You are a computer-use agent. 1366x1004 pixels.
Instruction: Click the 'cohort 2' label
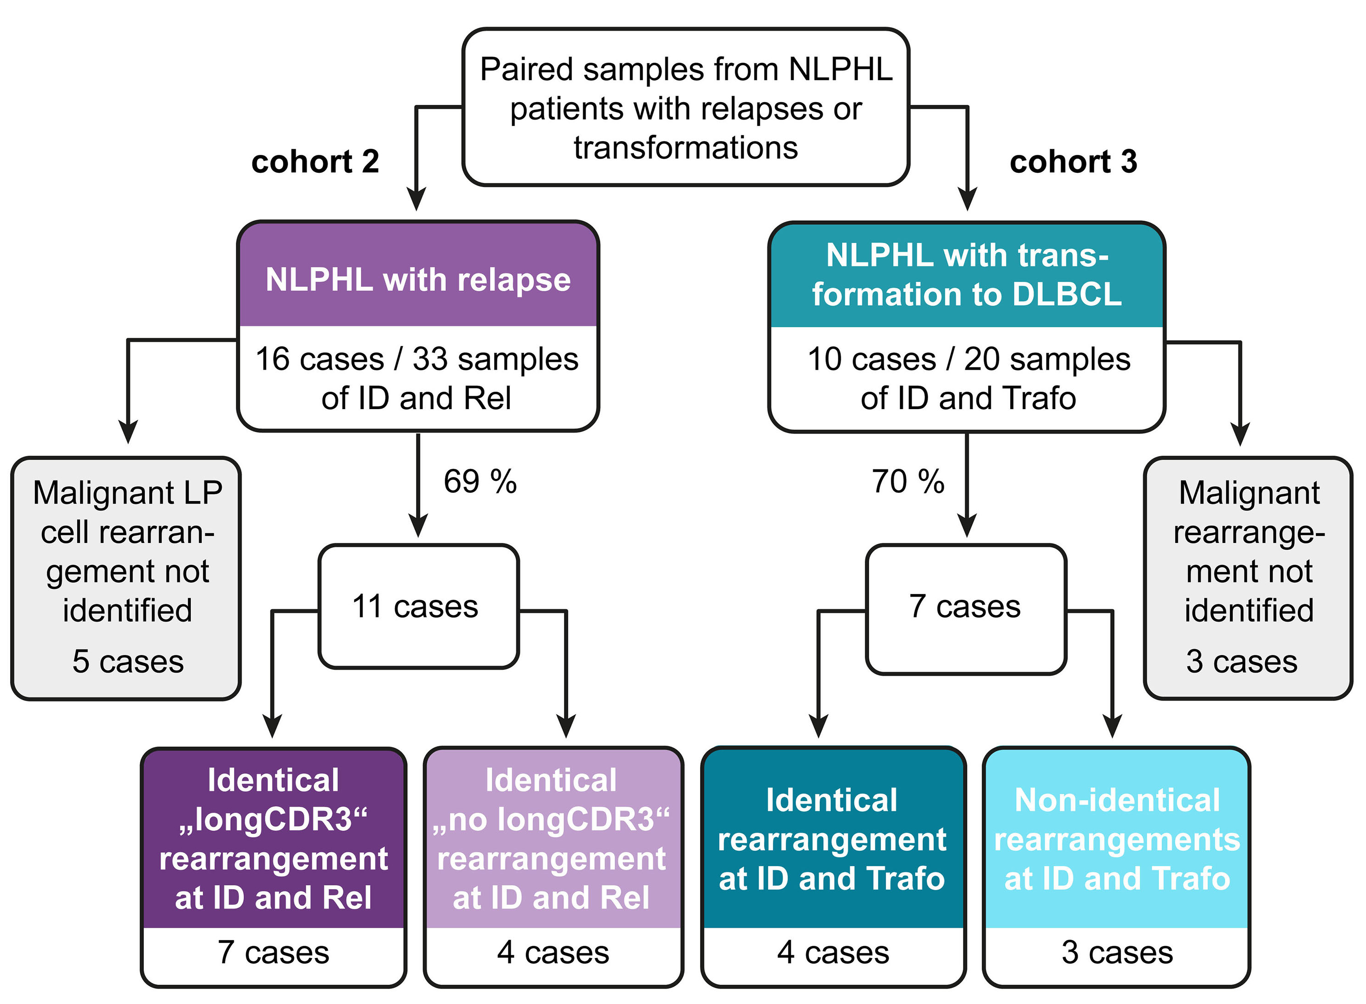click(315, 162)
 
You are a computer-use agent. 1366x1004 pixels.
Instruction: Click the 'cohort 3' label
click(1073, 162)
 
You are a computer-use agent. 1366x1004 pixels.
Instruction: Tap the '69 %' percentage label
click(480, 481)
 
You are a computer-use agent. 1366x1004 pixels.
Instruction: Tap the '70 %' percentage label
click(908, 481)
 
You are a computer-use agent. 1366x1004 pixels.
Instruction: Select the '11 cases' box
click(418, 606)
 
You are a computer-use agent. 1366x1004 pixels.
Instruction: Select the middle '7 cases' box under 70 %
click(966, 608)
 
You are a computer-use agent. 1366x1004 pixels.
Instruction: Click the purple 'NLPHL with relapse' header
click(418, 280)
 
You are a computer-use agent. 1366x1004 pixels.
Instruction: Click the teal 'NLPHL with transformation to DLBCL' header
click(966, 275)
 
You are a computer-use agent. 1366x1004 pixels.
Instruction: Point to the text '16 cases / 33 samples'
click(417, 359)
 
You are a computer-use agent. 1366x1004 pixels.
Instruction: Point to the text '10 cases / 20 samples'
click(968, 359)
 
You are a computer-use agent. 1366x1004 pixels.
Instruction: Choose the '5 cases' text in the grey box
click(128, 661)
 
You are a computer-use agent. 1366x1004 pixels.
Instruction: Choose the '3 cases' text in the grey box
click(1241, 661)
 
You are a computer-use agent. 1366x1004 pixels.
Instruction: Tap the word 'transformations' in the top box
click(686, 148)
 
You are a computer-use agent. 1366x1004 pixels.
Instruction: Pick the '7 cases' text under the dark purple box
click(274, 953)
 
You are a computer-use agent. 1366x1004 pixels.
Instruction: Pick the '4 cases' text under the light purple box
click(553, 953)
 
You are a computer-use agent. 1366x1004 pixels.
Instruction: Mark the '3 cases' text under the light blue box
click(1117, 953)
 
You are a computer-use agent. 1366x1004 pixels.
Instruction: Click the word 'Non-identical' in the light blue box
click(1117, 800)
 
